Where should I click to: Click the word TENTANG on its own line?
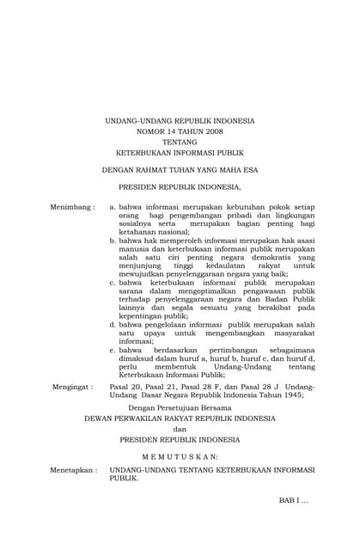[x=180, y=144]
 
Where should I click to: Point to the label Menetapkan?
[x=72, y=471]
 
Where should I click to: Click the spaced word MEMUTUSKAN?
[x=180, y=455]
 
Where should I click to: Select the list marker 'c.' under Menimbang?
[x=113, y=282]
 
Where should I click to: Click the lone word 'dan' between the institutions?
[x=180, y=429]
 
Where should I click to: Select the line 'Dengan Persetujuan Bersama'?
[x=180, y=408]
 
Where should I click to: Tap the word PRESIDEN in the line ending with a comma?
[x=139, y=186]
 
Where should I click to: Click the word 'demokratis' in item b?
[x=275, y=257]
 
